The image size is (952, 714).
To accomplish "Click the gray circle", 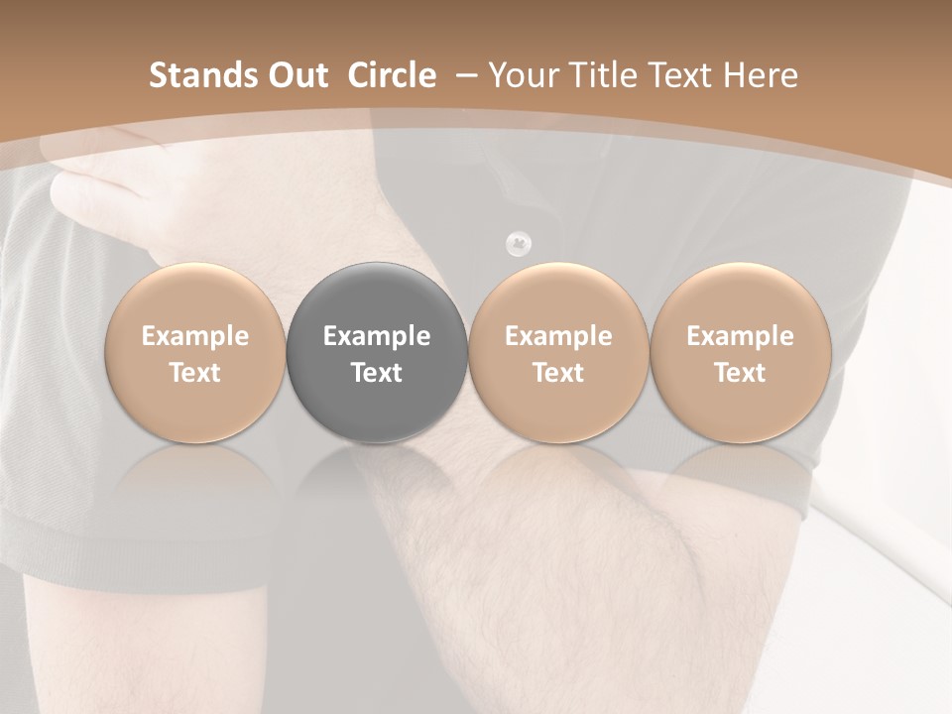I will (x=377, y=353).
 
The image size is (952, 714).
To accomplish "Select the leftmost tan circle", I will (x=195, y=353).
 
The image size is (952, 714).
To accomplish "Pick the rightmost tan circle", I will (x=740, y=353).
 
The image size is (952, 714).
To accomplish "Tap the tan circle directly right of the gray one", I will (x=558, y=353).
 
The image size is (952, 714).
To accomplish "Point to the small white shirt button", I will (x=519, y=241).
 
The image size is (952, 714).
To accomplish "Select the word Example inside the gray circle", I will (x=377, y=336).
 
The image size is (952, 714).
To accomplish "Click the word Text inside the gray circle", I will (x=377, y=373).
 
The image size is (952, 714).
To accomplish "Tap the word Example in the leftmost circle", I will (x=195, y=336).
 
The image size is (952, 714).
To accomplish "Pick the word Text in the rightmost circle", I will (x=740, y=373).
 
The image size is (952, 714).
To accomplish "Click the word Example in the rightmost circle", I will (x=740, y=336).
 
